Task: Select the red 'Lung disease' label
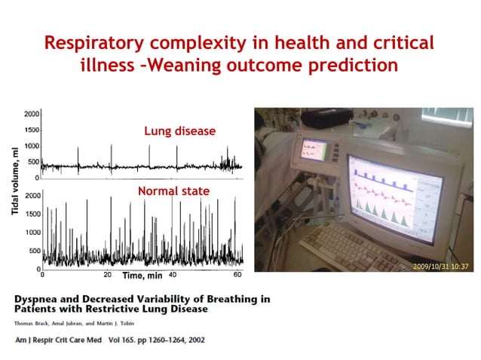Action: [179, 131]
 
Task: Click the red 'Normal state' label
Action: [173, 191]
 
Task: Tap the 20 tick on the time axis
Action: [107, 275]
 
